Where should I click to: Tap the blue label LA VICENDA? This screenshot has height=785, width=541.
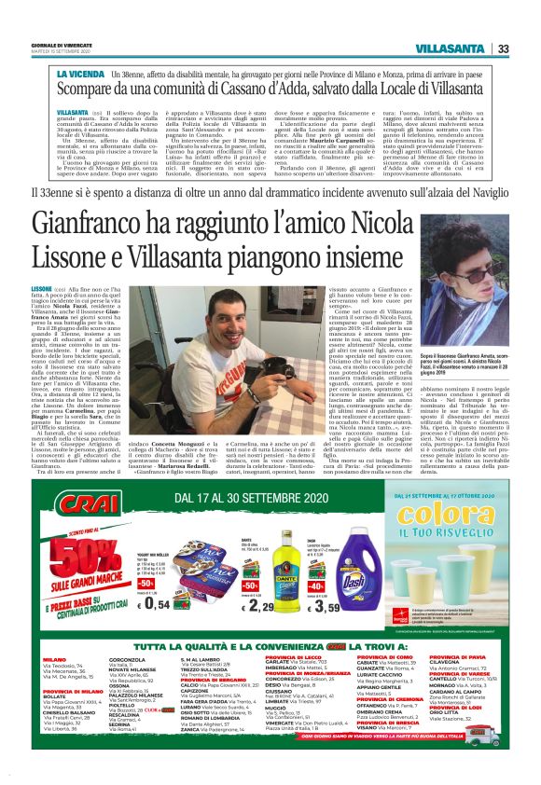[78, 72]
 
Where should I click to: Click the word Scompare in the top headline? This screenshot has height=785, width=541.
[89, 90]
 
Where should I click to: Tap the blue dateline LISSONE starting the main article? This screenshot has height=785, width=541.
[67, 290]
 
